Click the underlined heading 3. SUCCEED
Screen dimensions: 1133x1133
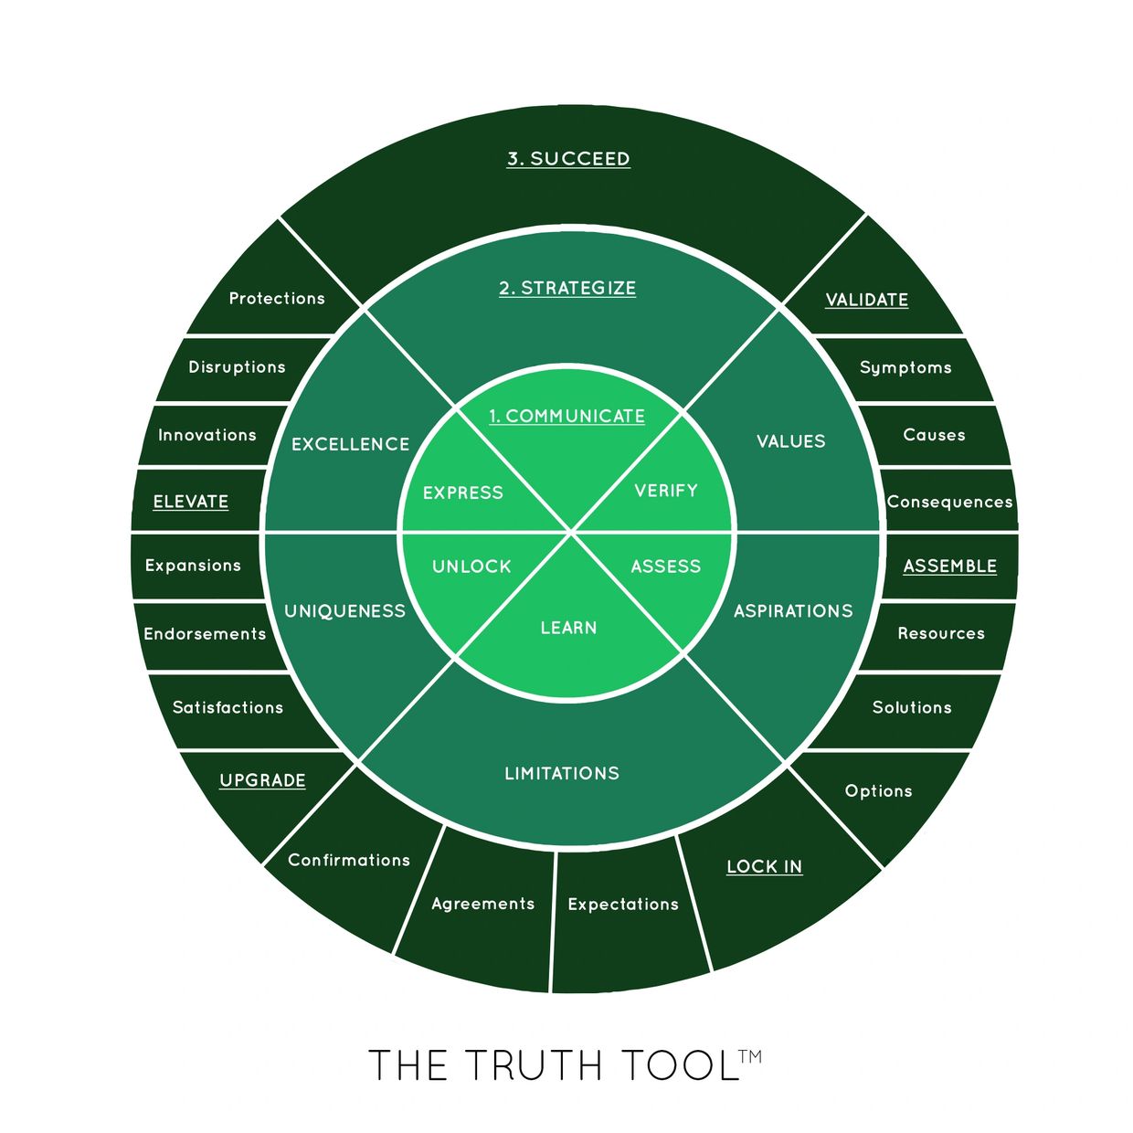click(568, 159)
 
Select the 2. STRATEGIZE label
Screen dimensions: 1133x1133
click(567, 288)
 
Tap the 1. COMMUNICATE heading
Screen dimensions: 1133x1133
click(566, 417)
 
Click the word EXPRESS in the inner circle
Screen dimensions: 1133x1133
click(462, 492)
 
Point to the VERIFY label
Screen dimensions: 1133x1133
click(666, 491)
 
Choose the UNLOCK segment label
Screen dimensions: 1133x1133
click(471, 566)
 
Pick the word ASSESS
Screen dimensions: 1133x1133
click(665, 566)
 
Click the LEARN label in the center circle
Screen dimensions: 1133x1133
click(568, 628)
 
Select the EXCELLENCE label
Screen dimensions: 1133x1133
click(351, 444)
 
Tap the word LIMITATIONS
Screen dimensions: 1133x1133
click(562, 773)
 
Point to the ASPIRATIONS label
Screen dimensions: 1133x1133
click(793, 611)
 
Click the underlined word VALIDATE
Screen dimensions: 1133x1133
click(867, 300)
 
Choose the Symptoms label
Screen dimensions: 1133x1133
click(905, 368)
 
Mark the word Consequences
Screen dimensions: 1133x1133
click(949, 502)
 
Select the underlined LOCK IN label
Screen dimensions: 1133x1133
click(764, 867)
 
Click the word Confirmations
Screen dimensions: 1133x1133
click(349, 860)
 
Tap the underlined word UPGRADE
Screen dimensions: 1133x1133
click(262, 780)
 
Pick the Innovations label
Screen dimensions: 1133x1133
click(207, 435)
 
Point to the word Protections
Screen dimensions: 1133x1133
click(276, 298)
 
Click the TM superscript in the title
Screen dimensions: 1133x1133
click(750, 1057)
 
